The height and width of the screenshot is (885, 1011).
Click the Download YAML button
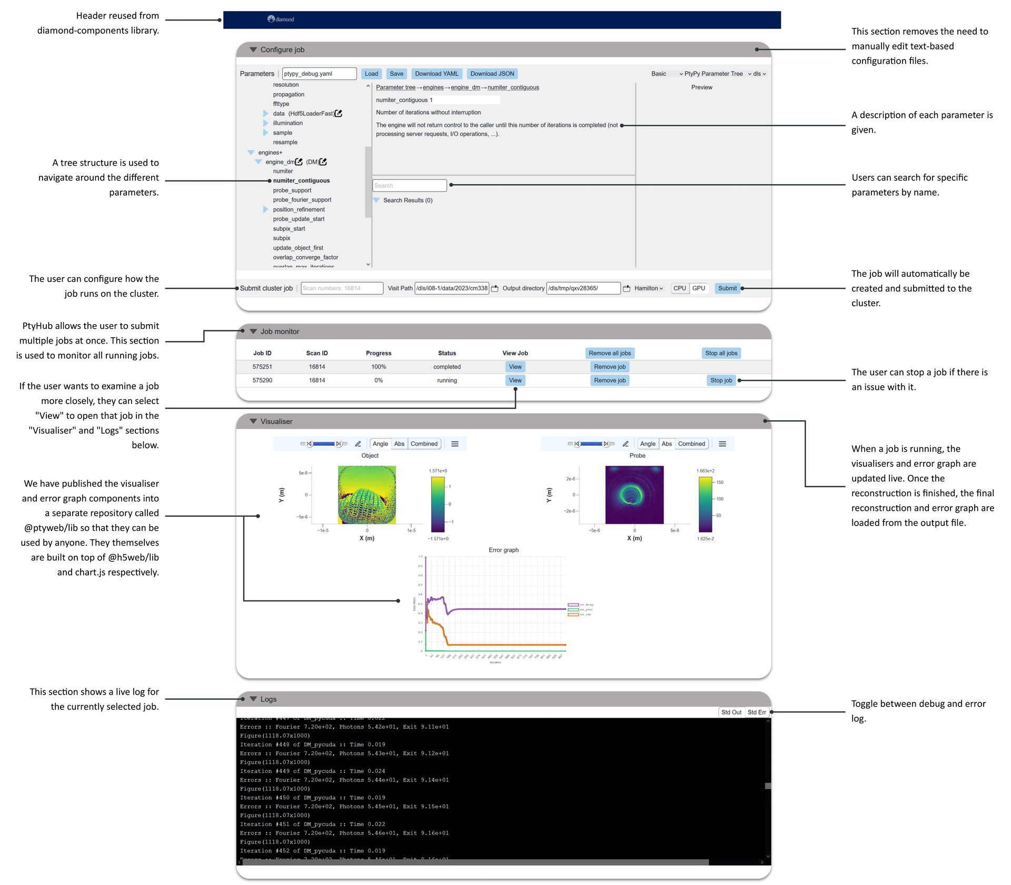click(x=436, y=74)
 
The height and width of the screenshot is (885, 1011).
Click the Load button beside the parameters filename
click(x=371, y=74)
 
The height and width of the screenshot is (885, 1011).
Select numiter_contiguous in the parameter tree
click(x=301, y=180)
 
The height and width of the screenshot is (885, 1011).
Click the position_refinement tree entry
click(x=299, y=209)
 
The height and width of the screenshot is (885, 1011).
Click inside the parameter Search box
click(x=409, y=185)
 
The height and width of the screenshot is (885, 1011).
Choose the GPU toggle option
click(x=698, y=288)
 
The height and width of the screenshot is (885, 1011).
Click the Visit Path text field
click(x=452, y=288)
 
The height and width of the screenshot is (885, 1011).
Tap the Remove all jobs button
click(x=609, y=353)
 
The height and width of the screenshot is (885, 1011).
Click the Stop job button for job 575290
click(x=721, y=380)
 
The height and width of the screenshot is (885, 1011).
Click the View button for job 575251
click(x=515, y=367)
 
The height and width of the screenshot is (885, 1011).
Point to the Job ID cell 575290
click(x=262, y=380)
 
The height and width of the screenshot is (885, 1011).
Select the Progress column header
click(x=379, y=353)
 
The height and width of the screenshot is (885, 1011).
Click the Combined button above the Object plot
click(x=424, y=444)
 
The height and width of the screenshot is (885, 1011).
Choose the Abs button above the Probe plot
click(x=667, y=444)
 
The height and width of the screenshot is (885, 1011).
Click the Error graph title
click(x=503, y=550)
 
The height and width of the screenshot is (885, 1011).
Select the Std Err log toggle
click(x=757, y=712)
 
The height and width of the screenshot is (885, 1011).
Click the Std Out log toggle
click(x=731, y=712)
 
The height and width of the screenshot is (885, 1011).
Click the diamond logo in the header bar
click(x=281, y=19)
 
